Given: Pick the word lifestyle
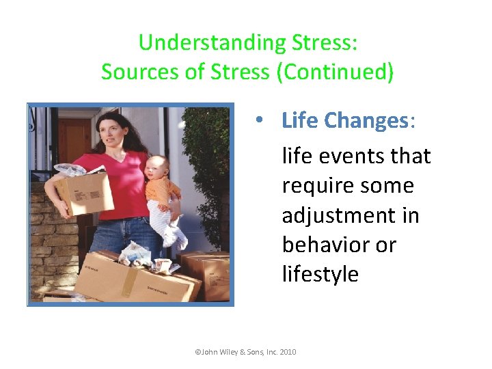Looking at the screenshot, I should pyautogui.click(x=320, y=274).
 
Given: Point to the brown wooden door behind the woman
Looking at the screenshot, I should pyautogui.click(x=72, y=140).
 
